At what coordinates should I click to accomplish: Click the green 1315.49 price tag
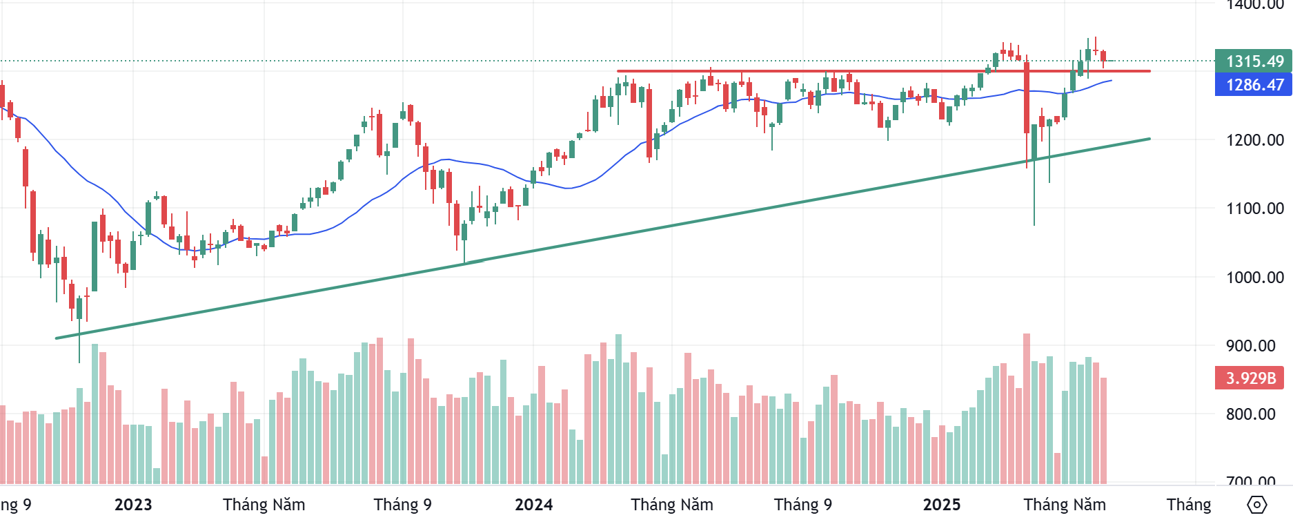1253,61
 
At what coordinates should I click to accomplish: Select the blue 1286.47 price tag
1253,85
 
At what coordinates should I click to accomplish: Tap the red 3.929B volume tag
1250,378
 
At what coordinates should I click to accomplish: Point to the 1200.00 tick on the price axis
1254,140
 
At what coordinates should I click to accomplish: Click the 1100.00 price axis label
1254,209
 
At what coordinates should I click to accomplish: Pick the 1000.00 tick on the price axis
1254,278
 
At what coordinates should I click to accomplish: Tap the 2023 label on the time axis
133,505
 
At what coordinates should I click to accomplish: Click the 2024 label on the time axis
533,505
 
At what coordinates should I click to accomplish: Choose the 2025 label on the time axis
942,505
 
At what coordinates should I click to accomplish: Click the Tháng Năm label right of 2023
264,505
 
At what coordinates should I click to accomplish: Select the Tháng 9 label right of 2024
802,505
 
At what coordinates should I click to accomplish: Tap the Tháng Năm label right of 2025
1064,505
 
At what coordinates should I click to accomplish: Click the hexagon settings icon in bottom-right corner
1257,505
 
